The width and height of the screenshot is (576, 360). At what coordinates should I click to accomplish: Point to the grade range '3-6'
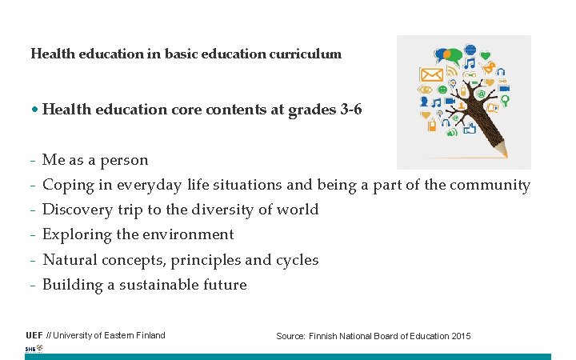pyautogui.click(x=350, y=110)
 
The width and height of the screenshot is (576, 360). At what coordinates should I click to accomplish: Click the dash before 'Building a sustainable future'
pyautogui.click(x=33, y=285)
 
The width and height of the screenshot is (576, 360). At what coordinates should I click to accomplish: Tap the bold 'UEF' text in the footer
pyautogui.click(x=34, y=335)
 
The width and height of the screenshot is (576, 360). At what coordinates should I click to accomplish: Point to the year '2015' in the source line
pyautogui.click(x=460, y=336)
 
